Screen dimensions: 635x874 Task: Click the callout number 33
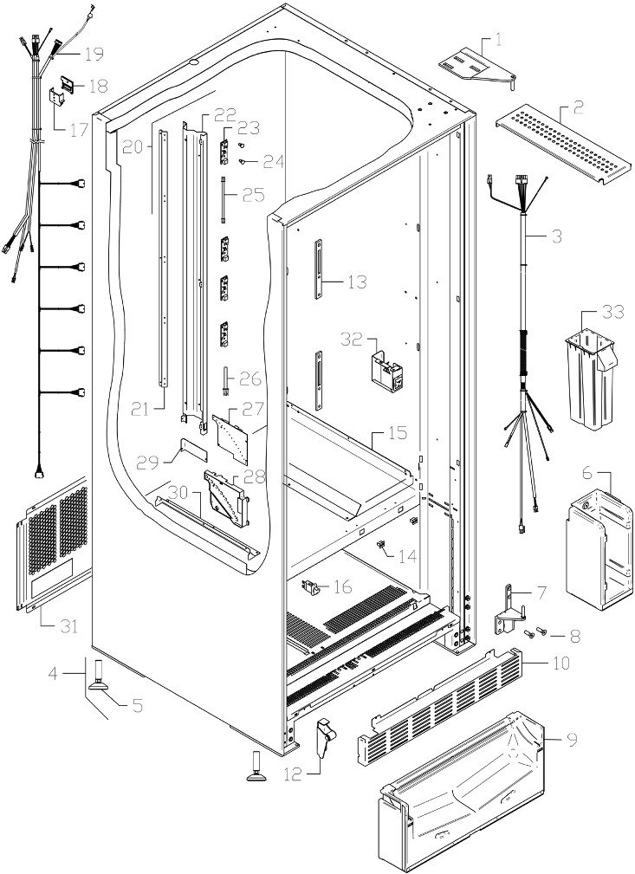pos(612,312)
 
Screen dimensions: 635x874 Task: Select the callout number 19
pos(94,54)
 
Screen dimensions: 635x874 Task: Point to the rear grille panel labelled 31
pos(53,544)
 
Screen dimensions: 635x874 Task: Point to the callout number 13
pos(357,282)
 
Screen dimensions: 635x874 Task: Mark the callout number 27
pos(253,410)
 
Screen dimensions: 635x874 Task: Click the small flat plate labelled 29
pos(192,450)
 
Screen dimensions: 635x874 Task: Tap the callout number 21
pos(140,410)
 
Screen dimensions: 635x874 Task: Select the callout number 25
pos(253,196)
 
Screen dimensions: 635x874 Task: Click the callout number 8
pos(574,636)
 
